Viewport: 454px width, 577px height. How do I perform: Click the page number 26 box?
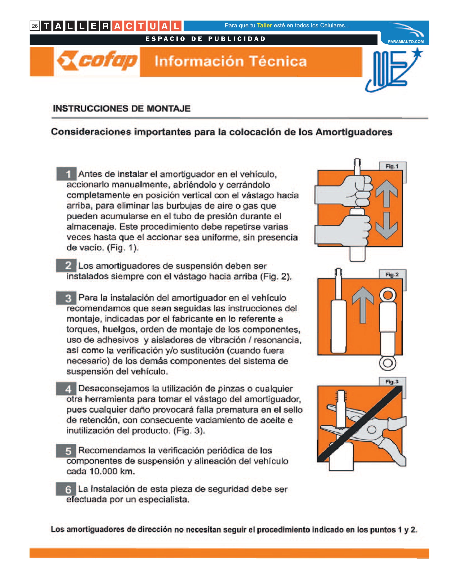point(35,26)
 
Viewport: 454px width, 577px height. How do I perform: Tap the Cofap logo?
point(97,61)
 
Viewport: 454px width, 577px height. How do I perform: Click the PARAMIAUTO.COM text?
point(406,41)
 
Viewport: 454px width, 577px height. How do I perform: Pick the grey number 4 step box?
point(66,389)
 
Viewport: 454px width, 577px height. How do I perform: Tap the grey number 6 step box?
point(66,489)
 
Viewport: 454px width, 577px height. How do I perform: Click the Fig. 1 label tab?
point(392,166)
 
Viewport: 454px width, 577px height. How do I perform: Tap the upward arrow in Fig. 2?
point(363,305)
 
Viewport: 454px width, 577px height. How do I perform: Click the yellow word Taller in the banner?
point(265,26)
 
